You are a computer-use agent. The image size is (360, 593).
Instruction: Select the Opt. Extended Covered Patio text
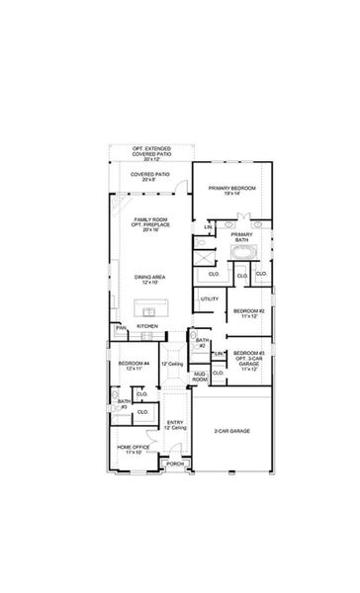tap(150, 153)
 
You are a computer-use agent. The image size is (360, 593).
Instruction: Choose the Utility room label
tap(210, 298)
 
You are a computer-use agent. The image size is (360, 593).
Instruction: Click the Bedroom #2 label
tap(249, 313)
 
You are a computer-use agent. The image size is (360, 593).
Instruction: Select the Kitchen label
tap(147, 325)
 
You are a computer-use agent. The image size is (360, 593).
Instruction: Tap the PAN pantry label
tap(121, 327)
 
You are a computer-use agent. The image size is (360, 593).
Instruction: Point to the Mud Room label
tap(200, 377)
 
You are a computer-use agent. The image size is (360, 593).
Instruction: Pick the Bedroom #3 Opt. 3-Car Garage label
tap(249, 360)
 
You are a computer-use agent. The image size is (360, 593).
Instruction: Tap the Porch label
tap(175, 463)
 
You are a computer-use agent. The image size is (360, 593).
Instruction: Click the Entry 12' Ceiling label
tap(175, 425)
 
